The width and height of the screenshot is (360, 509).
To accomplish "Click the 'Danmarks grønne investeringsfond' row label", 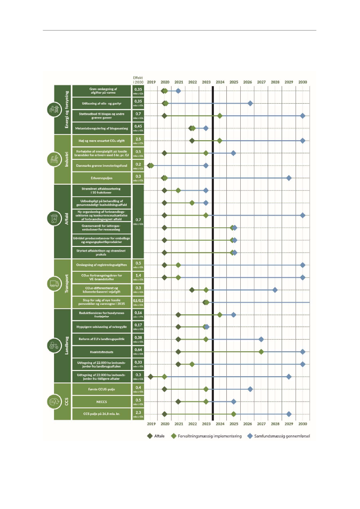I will pyautogui.click(x=101, y=165).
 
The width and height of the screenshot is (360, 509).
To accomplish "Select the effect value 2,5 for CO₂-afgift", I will pyautogui.click(x=138, y=140).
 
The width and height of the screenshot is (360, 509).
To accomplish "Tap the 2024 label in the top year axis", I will pyautogui.click(x=219, y=82).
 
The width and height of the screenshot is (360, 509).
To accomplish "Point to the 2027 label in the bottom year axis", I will pyautogui.click(x=261, y=423).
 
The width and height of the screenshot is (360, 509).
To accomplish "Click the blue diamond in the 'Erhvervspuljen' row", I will pyautogui.click(x=289, y=178).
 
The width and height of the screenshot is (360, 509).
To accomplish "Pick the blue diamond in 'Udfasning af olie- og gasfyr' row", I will pyautogui.click(x=250, y=103).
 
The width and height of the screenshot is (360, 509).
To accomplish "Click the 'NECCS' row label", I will pyautogui.click(x=101, y=401).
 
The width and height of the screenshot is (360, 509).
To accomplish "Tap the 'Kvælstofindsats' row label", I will pyautogui.click(x=101, y=351).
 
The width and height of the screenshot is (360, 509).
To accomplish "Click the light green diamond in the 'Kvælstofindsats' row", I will pyautogui.click(x=261, y=351).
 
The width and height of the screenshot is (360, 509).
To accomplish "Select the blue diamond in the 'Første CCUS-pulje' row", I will pyautogui.click(x=250, y=389).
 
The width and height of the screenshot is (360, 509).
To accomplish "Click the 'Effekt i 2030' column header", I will pyautogui.click(x=138, y=80).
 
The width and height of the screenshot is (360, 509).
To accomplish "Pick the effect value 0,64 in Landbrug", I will pyautogui.click(x=138, y=351).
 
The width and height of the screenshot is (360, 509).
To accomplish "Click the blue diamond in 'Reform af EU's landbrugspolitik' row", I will pyautogui.click(x=261, y=339).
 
